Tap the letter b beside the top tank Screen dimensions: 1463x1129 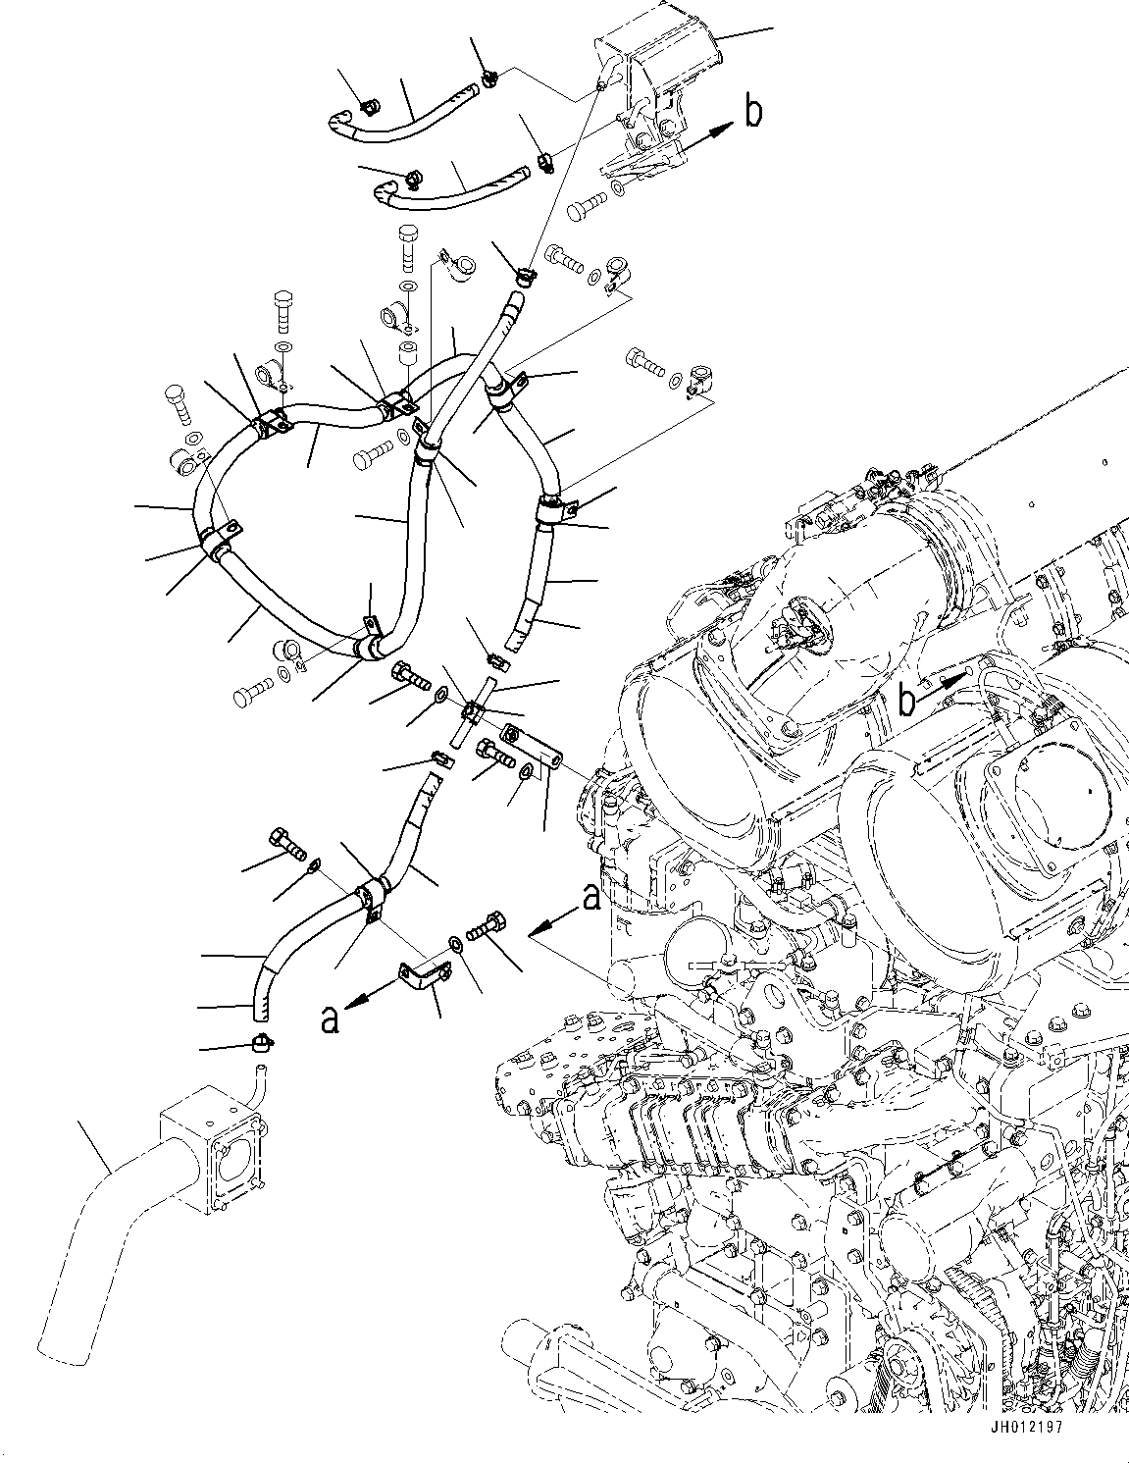click(752, 113)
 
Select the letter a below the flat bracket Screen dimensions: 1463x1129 click(333, 1020)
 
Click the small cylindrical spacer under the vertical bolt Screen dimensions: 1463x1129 click(407, 352)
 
